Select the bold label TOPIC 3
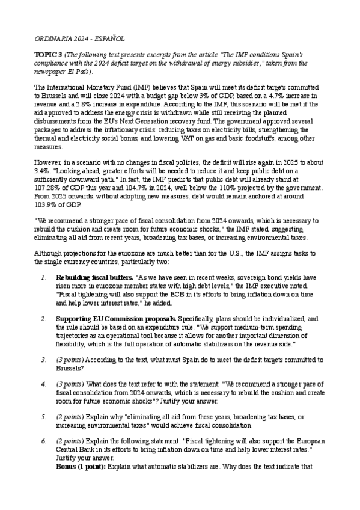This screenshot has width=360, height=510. point(50,54)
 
